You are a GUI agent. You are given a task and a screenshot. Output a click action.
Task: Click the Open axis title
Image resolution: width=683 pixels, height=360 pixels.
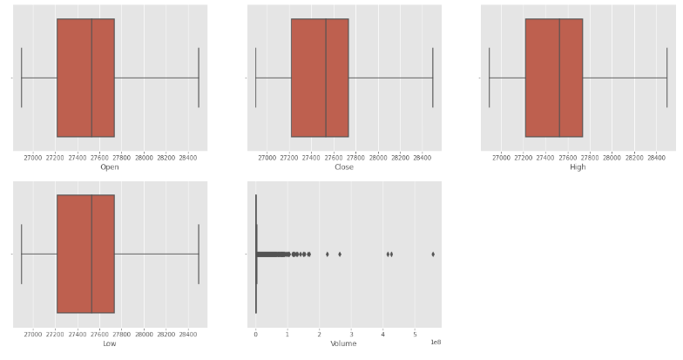tap(110, 166)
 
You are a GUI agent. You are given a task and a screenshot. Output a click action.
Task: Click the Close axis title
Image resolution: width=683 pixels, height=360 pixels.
tap(344, 166)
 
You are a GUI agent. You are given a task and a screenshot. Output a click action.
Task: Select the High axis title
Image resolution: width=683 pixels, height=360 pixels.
tap(578, 166)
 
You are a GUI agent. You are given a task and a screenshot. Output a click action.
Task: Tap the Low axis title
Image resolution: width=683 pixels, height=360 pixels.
tap(110, 343)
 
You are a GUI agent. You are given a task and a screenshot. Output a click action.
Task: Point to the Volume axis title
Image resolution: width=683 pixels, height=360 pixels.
tap(343, 343)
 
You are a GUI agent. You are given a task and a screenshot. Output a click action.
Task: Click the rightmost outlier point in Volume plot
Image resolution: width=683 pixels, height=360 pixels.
tap(433, 254)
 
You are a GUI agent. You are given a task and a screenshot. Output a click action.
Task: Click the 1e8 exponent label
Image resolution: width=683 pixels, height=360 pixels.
tap(436, 343)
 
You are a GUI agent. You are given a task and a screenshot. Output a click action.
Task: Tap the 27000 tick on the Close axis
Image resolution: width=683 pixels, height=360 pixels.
tap(267, 157)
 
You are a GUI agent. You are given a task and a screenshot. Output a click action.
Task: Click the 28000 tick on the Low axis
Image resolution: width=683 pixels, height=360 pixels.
tap(144, 333)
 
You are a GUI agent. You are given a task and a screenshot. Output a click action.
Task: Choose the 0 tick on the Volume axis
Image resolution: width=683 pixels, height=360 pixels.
tap(255, 333)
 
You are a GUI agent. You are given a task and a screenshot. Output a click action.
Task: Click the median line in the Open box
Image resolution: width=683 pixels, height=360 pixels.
tap(91, 78)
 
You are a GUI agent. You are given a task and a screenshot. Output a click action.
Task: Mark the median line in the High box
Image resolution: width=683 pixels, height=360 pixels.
tap(559, 78)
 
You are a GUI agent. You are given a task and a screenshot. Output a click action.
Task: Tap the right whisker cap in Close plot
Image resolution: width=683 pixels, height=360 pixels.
tap(433, 78)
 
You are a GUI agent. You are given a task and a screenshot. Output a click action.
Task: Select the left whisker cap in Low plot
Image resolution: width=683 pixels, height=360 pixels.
tap(21, 254)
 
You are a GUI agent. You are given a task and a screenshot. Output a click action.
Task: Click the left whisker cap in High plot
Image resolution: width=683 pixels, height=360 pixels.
tap(490, 78)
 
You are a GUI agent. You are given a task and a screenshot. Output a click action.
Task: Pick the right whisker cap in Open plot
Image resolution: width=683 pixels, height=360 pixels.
tap(199, 78)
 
